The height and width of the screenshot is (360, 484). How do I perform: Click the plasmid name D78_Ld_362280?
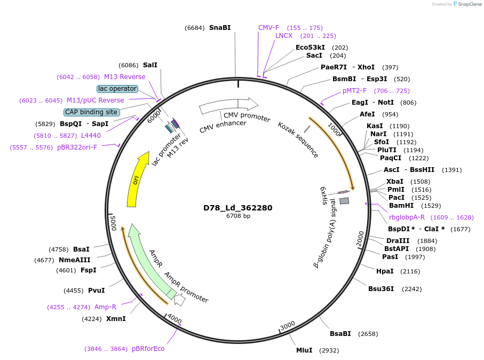238,208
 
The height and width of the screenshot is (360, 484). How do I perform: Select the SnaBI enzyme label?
220,28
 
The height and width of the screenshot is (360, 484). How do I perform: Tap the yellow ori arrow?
136,179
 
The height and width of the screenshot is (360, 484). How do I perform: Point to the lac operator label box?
117,89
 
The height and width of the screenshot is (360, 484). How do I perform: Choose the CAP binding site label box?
91,112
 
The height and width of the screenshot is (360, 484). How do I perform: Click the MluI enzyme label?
304,350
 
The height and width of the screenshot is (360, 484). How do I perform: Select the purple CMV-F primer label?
268,28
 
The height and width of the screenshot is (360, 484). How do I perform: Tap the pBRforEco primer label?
148,349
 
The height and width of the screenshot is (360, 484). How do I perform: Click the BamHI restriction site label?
401,206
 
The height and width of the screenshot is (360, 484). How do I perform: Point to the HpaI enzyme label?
385,271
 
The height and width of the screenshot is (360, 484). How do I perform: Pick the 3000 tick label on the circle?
287,325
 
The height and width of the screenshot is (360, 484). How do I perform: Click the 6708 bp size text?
238,216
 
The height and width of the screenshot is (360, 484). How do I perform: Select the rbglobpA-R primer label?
407,217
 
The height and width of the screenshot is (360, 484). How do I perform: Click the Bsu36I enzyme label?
381,289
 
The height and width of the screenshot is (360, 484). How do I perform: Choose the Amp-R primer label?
105,307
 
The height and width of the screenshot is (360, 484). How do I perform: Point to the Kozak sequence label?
298,140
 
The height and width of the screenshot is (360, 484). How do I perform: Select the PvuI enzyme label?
96,291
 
